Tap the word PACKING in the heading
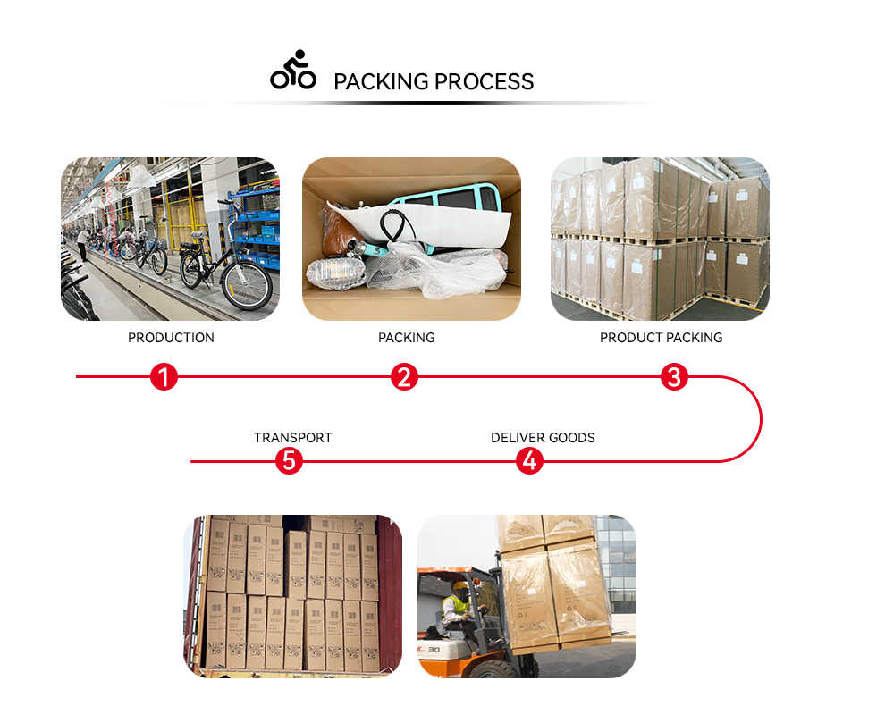[380, 81]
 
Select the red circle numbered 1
[164, 377]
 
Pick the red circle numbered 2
[405, 377]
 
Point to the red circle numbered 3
[674, 377]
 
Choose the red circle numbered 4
[529, 461]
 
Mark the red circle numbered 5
[289, 461]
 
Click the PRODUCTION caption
[171, 338]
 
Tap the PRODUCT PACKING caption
[661, 338]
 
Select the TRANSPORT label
[292, 438]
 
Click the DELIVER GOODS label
[543, 438]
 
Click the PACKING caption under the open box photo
[407, 338]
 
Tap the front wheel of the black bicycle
[246, 284]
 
